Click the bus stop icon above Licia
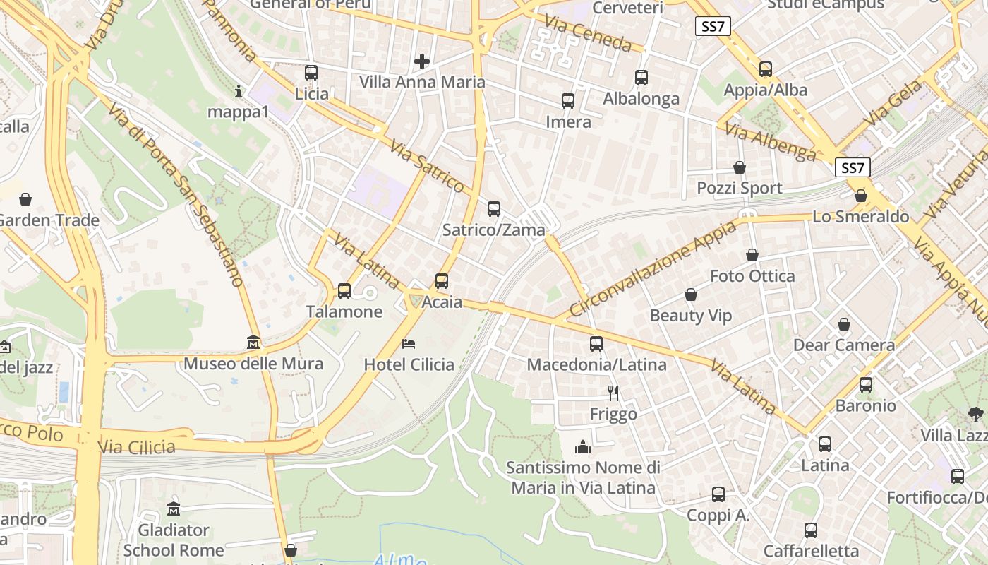(311, 73)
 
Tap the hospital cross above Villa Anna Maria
(422, 61)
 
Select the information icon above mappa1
(239, 91)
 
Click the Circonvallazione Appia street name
(652, 269)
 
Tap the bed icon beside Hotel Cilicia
(409, 344)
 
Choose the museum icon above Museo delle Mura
(253, 343)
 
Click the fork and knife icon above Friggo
(613, 393)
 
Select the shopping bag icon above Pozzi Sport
(740, 167)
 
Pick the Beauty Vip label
(691, 315)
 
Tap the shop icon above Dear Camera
(844, 324)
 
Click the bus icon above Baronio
(866, 385)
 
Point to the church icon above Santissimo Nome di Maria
(583, 446)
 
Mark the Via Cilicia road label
(137, 446)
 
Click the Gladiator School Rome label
(173, 540)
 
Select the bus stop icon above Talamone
(344, 290)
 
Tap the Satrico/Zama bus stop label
(494, 230)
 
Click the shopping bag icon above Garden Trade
(25, 199)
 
